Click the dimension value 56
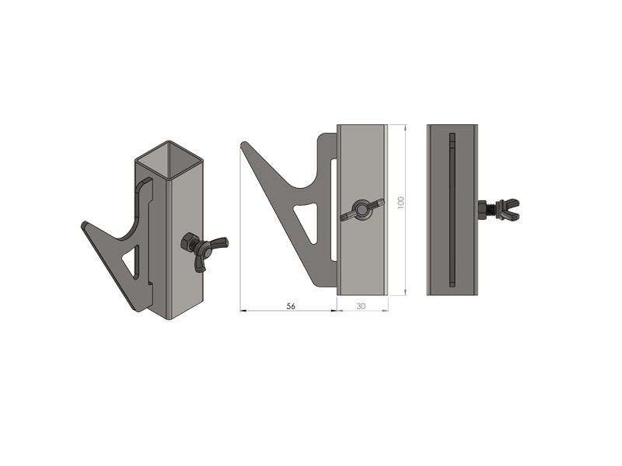(291, 306)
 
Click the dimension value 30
(361, 306)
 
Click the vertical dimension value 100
(400, 203)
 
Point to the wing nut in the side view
(508, 209)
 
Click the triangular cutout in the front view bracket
(308, 221)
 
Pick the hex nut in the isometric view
(187, 242)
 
